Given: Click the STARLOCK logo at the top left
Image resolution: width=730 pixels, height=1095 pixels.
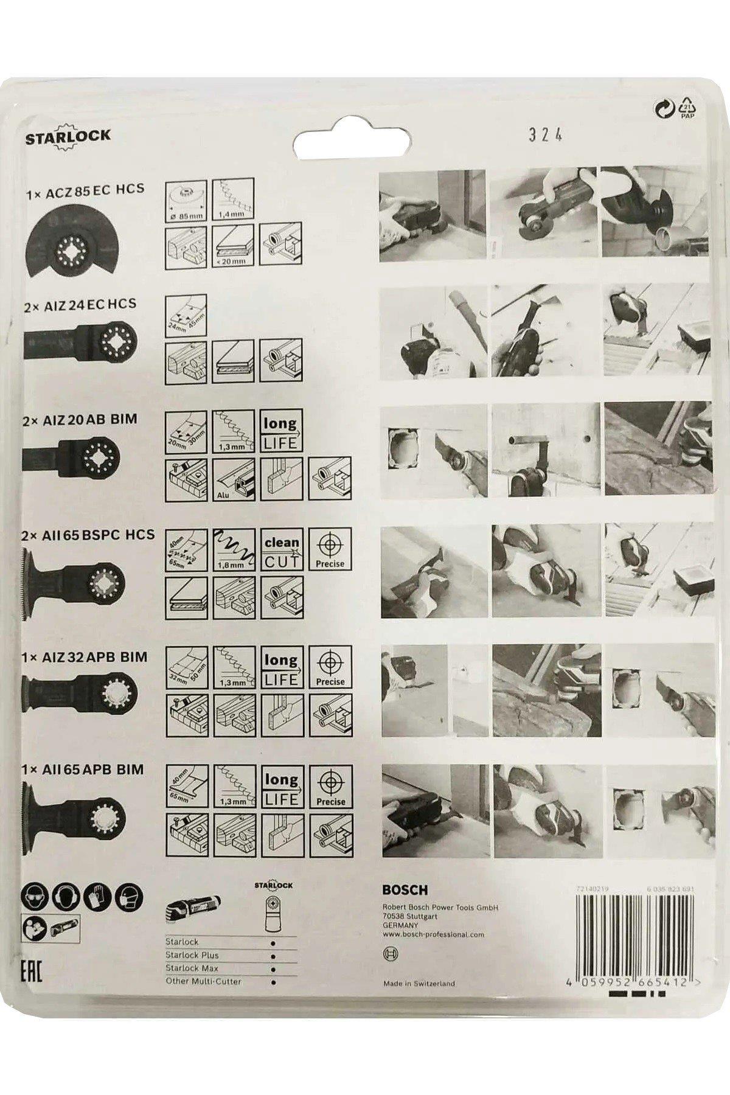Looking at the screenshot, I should pyautogui.click(x=68, y=136).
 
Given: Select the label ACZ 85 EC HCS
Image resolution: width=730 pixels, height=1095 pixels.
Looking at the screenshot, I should pyautogui.click(x=85, y=188).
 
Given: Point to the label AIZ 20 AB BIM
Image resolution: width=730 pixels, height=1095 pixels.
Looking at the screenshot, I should pyautogui.click(x=80, y=419).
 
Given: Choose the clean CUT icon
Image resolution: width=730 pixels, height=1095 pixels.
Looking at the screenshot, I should pyautogui.click(x=281, y=550).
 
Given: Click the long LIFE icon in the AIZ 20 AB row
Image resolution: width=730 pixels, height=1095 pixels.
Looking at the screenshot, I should pyautogui.click(x=280, y=431).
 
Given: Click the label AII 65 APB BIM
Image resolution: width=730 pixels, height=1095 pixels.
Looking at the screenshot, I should pyautogui.click(x=83, y=769).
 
